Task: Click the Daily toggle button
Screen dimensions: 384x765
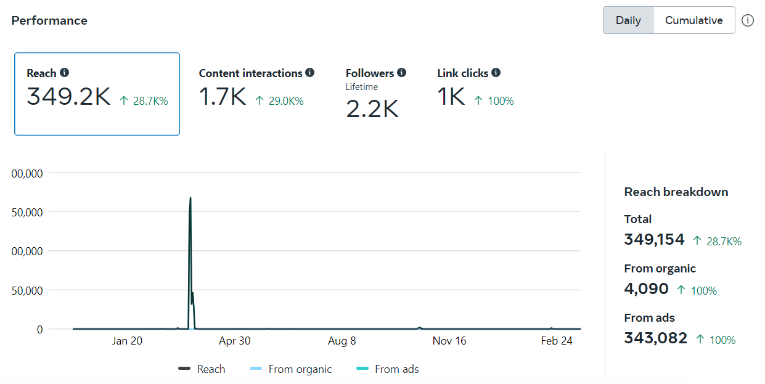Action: click(628, 20)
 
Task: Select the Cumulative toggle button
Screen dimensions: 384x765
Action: click(693, 20)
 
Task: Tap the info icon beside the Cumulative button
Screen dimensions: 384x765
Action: click(748, 20)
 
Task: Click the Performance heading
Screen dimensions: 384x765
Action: click(49, 20)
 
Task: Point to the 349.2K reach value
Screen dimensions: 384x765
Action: click(68, 97)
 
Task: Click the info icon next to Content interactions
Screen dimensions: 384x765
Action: click(310, 73)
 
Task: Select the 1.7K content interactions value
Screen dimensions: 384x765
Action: click(223, 97)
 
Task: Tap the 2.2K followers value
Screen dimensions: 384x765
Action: click(372, 108)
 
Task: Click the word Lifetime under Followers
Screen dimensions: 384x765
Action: click(362, 87)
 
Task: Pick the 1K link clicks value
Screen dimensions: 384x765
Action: click(451, 97)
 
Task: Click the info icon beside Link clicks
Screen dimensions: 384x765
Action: click(496, 73)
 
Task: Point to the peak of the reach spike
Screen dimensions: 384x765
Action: click(190, 198)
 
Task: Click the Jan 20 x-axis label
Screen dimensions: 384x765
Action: click(128, 341)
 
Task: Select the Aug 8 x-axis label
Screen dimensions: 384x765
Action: click(342, 341)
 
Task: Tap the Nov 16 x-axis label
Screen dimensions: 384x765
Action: click(449, 341)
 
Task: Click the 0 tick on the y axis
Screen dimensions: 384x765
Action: click(39, 329)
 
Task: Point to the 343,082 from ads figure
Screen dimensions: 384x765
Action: click(655, 338)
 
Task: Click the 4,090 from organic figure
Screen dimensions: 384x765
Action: click(646, 288)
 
